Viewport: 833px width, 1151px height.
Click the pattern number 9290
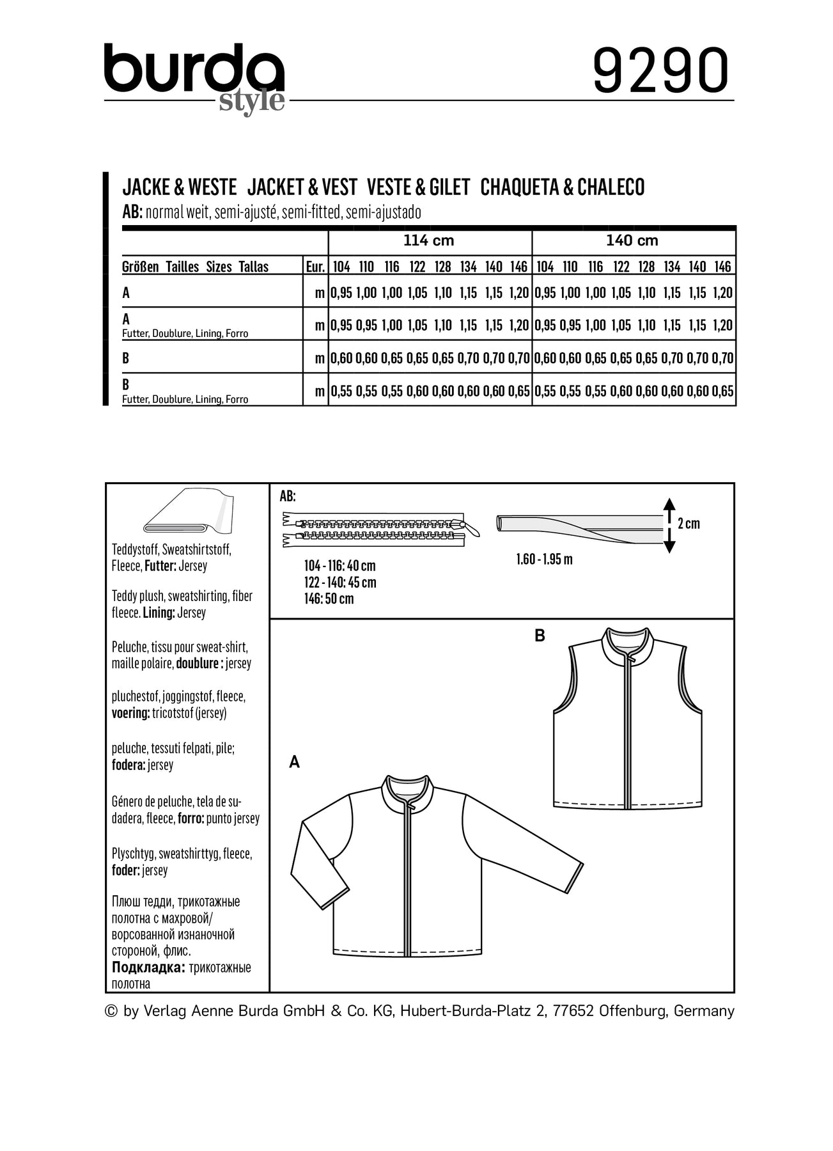(661, 70)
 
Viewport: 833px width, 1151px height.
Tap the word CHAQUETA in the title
(524, 187)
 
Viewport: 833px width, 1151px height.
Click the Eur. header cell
(315, 267)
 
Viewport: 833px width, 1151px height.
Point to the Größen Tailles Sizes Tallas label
(195, 267)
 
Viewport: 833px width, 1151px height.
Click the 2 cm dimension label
(689, 524)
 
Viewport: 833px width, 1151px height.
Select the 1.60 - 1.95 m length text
(544, 560)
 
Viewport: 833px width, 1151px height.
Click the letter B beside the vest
(540, 636)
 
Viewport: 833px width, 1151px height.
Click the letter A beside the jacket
(294, 762)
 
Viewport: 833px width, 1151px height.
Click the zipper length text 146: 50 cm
(329, 599)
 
